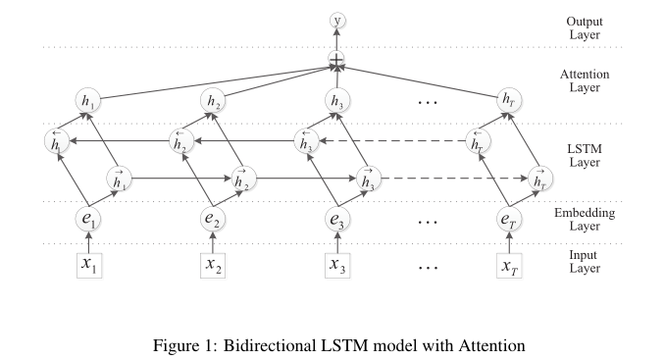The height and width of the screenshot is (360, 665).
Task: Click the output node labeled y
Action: click(x=338, y=21)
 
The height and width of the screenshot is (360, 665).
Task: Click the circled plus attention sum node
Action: click(x=337, y=61)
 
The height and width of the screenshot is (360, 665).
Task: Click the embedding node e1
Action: click(x=86, y=220)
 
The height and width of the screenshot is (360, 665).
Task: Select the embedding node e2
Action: click(x=213, y=220)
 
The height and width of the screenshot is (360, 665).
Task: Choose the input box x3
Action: click(x=338, y=265)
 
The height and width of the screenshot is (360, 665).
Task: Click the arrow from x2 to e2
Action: click(x=213, y=242)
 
